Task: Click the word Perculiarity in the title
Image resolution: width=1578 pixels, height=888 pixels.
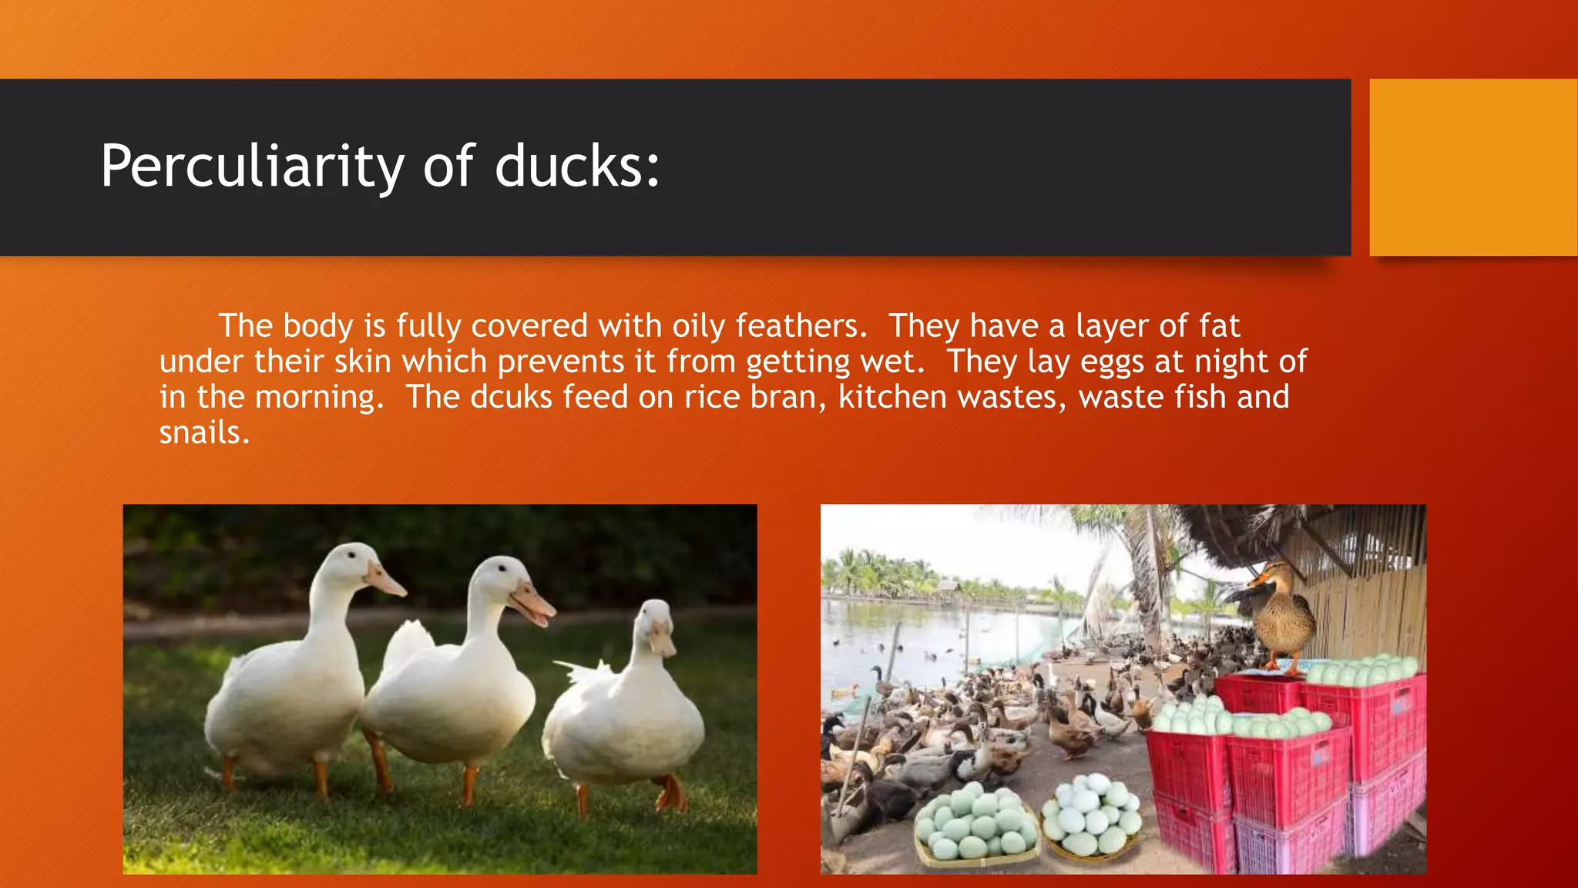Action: [252, 166]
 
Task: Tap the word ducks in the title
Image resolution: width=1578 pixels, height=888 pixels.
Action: [577, 166]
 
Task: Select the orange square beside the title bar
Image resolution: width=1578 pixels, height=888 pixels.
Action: [1473, 167]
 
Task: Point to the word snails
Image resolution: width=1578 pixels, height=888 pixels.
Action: [204, 432]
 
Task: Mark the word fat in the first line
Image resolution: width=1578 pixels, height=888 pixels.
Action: [1219, 326]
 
